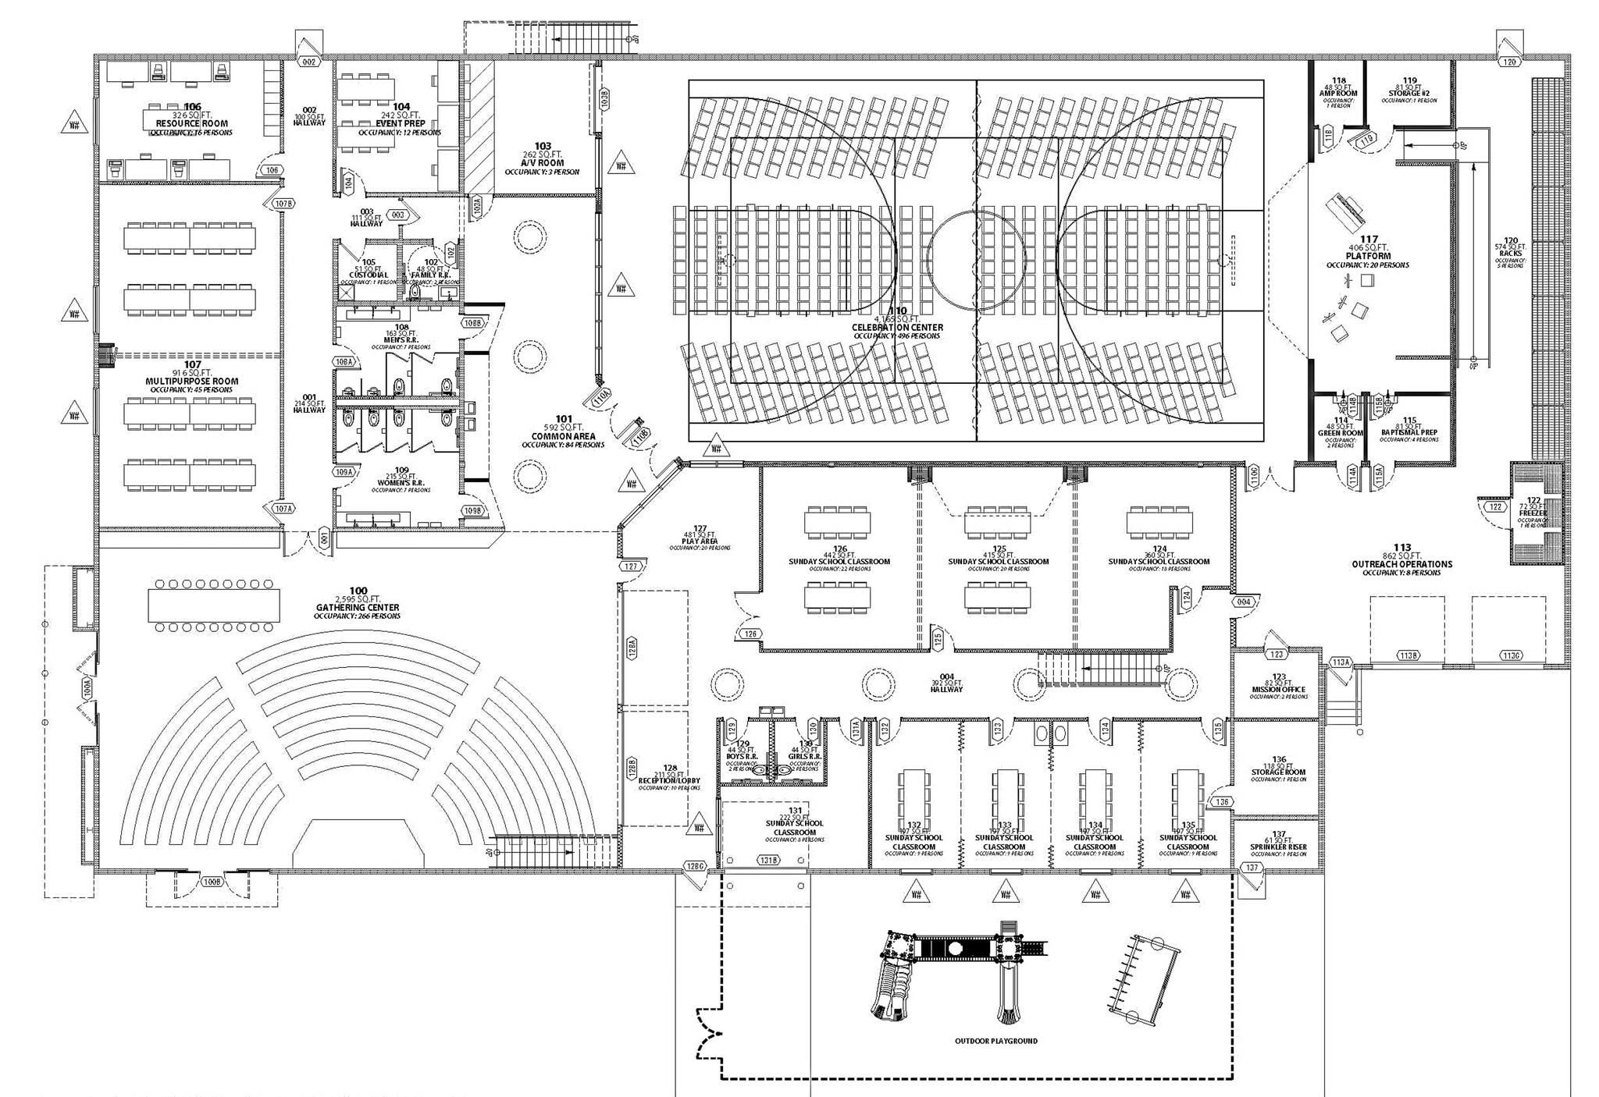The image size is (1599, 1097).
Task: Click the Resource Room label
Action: click(192, 123)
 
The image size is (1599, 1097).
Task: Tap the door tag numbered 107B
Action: click(284, 204)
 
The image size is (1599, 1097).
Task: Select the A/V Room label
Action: click(543, 163)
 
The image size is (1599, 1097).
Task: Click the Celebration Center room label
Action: click(897, 328)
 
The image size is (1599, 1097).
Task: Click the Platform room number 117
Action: click(1368, 240)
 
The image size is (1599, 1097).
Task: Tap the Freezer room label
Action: click(1533, 513)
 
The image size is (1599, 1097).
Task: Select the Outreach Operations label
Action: click(1401, 563)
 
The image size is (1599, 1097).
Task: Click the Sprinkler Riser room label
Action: click(1278, 847)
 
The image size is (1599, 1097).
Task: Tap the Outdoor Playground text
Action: click(995, 1041)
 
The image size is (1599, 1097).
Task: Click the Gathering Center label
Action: click(358, 607)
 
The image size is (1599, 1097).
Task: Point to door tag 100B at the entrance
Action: click(211, 882)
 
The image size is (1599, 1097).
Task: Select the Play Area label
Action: click(700, 541)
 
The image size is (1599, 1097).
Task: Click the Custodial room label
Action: click(369, 275)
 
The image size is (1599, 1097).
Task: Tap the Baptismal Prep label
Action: click(1408, 432)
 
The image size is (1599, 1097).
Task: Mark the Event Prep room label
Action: click(401, 123)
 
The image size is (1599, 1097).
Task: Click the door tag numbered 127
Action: click(631, 566)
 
